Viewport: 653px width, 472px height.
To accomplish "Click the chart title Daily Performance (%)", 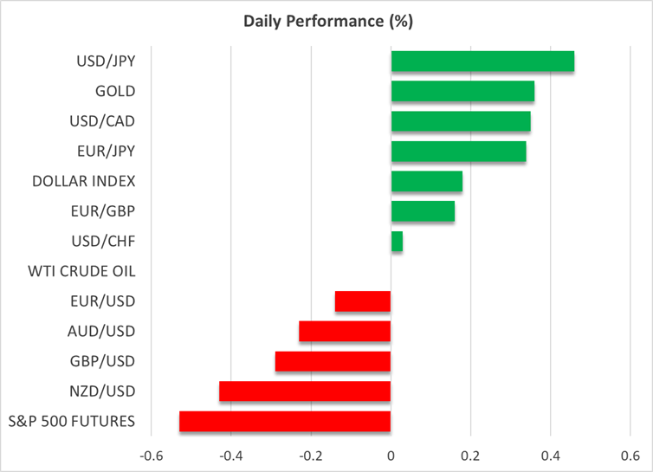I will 326,18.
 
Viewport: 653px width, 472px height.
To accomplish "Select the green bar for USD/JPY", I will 482,61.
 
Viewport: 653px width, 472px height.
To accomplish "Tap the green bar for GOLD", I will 462,91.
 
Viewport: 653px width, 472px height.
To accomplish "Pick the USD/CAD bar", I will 461,121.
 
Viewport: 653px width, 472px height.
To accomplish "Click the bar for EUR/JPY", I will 458,152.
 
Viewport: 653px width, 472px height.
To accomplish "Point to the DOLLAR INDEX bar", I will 426,181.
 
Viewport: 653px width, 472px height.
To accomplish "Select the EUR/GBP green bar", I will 423,211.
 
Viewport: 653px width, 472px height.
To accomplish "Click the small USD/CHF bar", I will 397,242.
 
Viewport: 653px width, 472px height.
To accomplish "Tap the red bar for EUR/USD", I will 363,301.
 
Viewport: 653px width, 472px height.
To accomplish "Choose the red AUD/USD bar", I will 345,332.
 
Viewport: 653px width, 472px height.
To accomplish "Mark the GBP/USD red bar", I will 333,361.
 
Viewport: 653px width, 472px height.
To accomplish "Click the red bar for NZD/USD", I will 305,391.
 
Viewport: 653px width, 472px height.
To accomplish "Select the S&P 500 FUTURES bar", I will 285,422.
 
